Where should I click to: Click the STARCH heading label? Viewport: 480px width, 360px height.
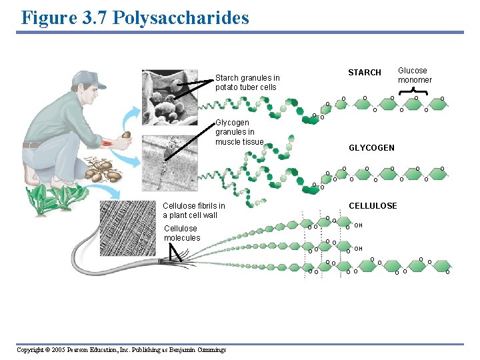(365, 73)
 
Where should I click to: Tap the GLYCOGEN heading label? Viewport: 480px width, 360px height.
(371, 148)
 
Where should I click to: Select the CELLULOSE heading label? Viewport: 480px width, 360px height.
(373, 206)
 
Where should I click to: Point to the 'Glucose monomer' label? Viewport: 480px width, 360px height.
(415, 75)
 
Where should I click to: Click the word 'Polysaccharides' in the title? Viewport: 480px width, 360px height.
(181, 17)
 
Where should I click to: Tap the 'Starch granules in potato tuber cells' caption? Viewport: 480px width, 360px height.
(247, 83)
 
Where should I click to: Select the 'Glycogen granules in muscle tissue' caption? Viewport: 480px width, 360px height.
(239, 132)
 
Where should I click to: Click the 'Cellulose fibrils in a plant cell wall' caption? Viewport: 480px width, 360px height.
(193, 211)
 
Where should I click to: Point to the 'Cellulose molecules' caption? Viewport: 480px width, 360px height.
(181, 233)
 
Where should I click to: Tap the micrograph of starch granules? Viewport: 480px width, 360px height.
(169, 97)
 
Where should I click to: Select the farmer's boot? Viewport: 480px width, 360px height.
(31, 175)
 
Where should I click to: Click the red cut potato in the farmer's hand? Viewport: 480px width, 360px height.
(125, 135)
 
